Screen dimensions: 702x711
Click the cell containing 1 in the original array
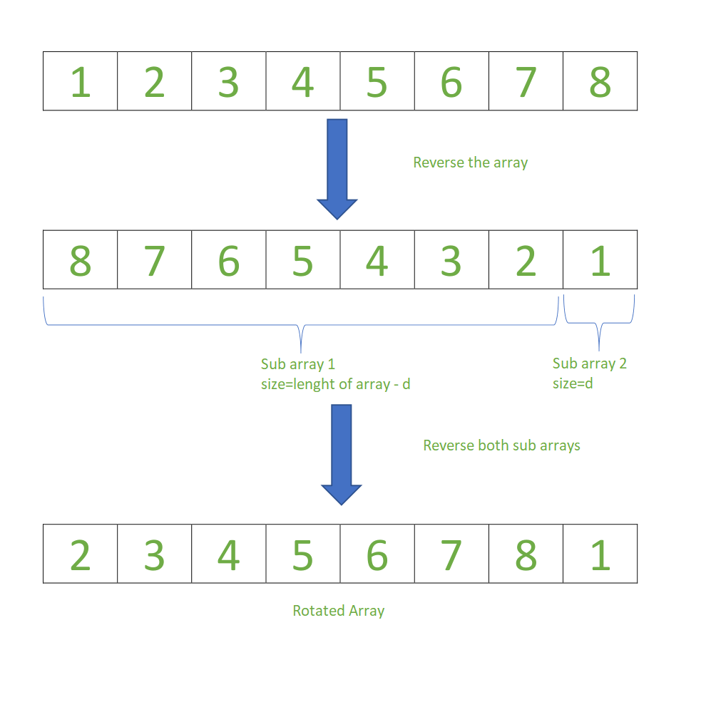click(x=80, y=81)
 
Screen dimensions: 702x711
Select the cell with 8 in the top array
click(x=600, y=81)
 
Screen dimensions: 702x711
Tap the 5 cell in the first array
click(x=377, y=81)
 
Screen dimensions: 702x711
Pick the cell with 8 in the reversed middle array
click(x=80, y=260)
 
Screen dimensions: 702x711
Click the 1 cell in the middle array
click(x=600, y=260)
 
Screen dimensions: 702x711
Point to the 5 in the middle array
click(x=302, y=260)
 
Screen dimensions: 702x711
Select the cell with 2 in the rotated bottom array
click(x=80, y=554)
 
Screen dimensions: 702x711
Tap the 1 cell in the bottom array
click(x=600, y=554)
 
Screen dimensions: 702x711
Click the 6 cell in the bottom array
click(x=377, y=554)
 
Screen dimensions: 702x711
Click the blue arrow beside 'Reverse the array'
click(x=337, y=168)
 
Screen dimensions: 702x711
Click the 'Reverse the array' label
click(x=470, y=162)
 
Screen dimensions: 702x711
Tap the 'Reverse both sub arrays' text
click(x=501, y=445)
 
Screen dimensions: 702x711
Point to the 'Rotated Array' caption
click(x=338, y=611)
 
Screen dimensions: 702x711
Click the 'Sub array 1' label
click(x=297, y=364)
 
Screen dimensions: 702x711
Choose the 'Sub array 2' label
click(x=589, y=363)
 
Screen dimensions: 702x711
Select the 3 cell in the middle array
click(x=451, y=260)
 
